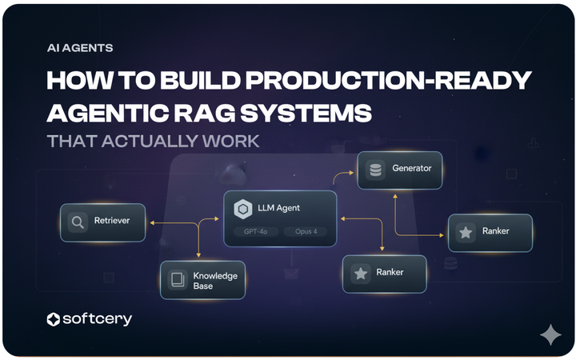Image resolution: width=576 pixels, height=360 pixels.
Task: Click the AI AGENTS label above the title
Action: pos(80,48)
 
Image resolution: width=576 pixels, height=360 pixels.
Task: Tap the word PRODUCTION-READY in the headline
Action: pos(397,81)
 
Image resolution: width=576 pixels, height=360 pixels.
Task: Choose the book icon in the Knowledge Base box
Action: pos(177,281)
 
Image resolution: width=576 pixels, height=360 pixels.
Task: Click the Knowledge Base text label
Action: pos(214,281)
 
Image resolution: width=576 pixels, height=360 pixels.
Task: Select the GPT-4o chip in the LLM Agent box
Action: pos(256,232)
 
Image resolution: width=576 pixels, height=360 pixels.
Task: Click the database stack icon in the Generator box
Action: pos(374,170)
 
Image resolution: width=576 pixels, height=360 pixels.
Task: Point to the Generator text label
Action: pos(411,170)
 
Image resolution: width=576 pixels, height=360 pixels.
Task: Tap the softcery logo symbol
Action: pos(54,320)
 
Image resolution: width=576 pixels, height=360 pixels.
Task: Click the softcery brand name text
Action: pos(97,320)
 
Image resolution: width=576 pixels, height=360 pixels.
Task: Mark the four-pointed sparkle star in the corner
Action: pos(550,335)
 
